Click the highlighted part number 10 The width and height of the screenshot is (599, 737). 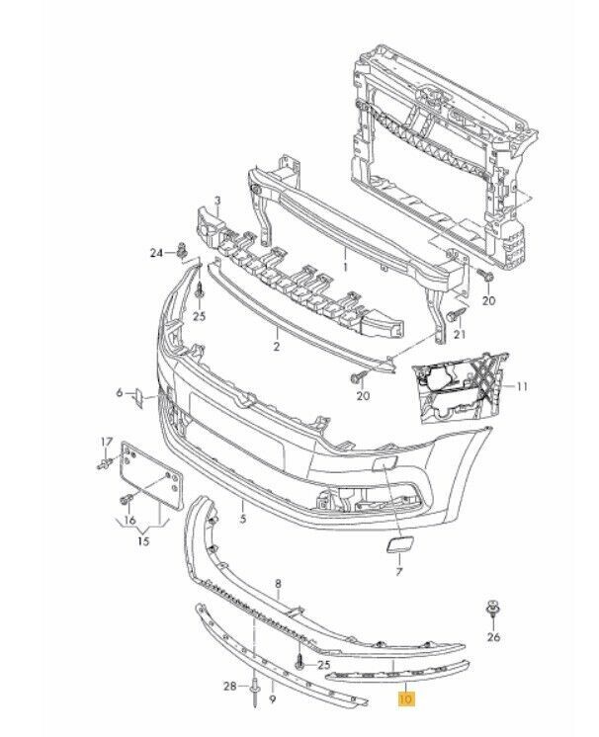(404, 698)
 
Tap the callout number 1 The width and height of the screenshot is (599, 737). (346, 266)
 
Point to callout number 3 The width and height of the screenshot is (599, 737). (217, 202)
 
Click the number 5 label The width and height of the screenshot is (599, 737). (243, 516)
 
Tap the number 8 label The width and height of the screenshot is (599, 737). (278, 585)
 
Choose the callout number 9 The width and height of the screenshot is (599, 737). (272, 698)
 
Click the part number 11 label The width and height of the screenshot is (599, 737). (524, 385)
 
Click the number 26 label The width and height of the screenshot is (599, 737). (494, 638)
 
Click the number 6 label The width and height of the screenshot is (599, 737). (119, 393)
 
